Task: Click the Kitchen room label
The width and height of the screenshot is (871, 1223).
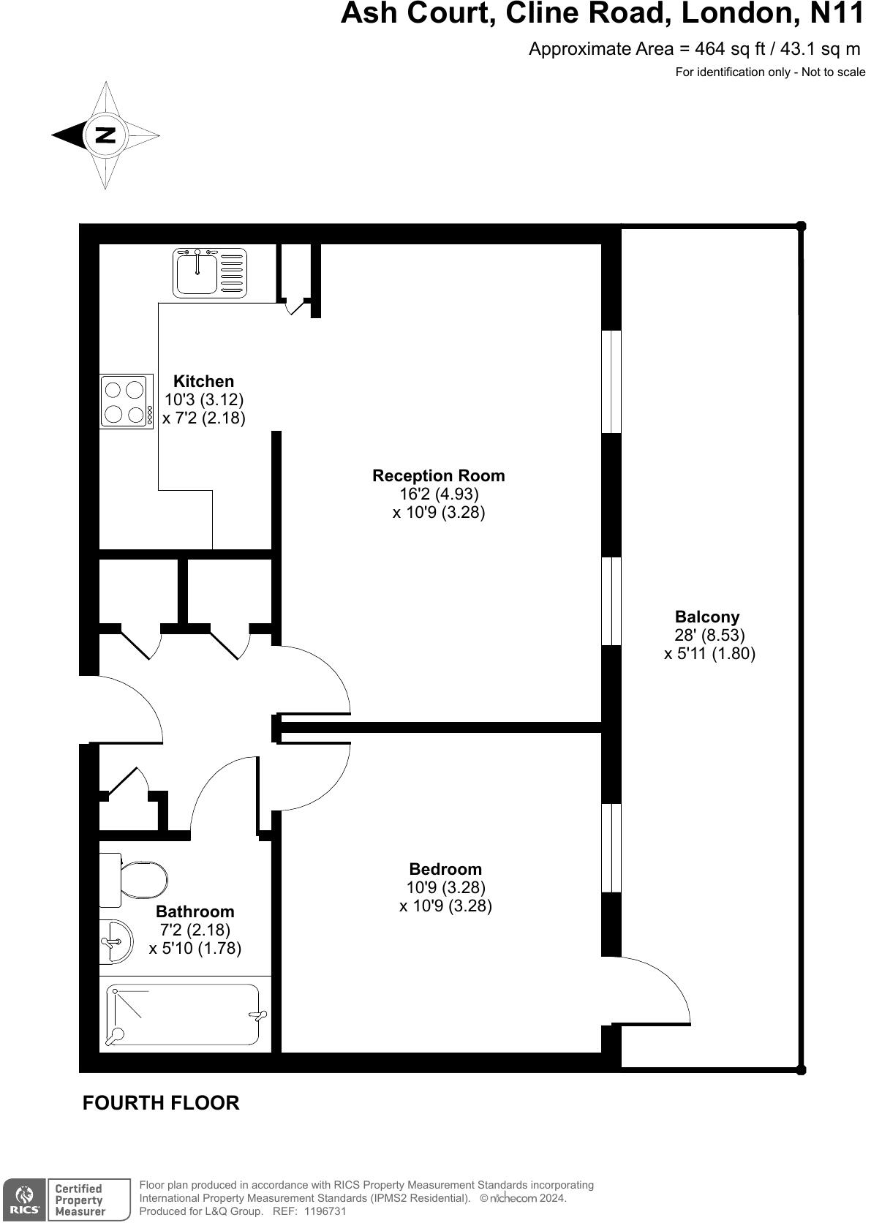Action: tap(203, 381)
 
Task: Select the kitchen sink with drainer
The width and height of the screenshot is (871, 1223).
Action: tap(209, 272)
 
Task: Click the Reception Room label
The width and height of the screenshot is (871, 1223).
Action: tap(438, 475)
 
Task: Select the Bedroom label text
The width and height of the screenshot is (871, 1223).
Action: tap(445, 869)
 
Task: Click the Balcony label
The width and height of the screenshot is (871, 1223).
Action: tap(707, 617)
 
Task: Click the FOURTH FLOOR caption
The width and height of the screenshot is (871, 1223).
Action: tap(161, 1102)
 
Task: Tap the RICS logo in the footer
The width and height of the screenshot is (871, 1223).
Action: tap(25, 1200)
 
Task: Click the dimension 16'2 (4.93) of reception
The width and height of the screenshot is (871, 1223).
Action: tap(439, 494)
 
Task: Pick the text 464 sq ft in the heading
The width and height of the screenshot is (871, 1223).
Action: tap(730, 49)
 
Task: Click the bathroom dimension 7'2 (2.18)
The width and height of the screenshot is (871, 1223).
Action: tap(195, 930)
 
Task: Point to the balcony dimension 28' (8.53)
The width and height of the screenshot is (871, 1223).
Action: tap(709, 635)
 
